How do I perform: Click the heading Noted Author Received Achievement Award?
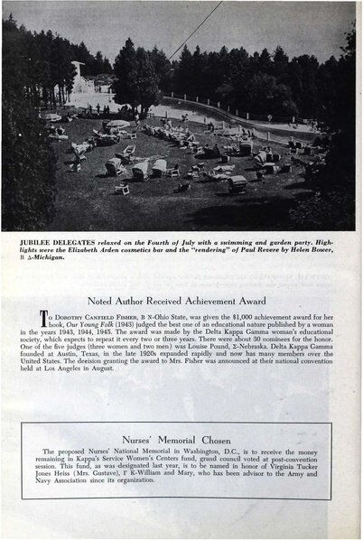click(x=181, y=300)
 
